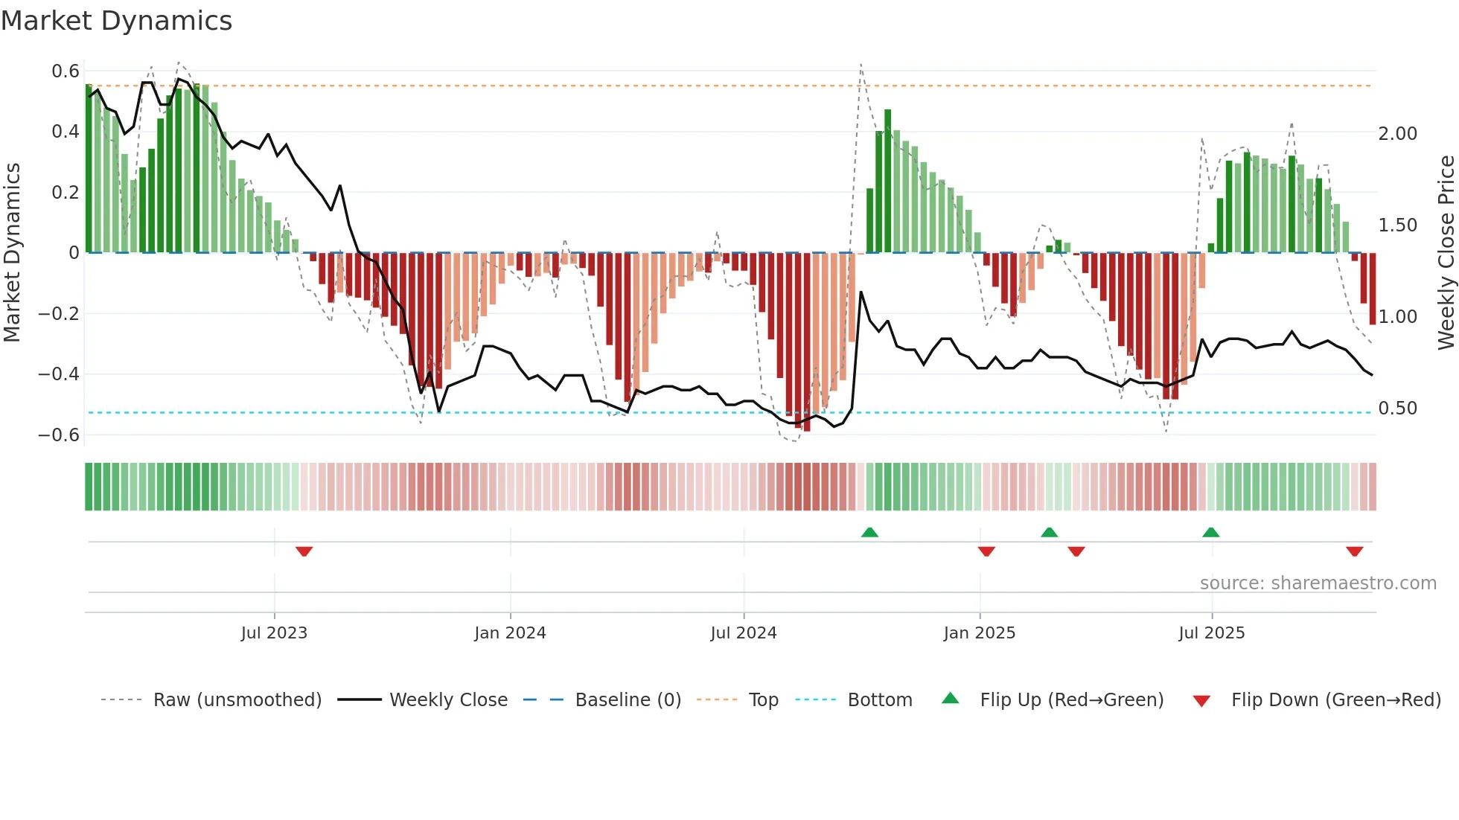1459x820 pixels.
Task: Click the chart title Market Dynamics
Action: tap(117, 21)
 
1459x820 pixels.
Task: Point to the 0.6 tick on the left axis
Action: tap(66, 71)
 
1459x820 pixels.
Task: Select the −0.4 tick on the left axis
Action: tap(59, 374)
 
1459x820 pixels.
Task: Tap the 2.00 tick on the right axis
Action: tap(1397, 134)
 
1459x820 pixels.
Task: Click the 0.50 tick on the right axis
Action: tap(1397, 409)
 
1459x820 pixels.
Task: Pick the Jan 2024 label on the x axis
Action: tap(510, 633)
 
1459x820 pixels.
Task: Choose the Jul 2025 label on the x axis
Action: tap(1211, 633)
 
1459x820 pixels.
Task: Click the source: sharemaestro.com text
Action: tap(1318, 583)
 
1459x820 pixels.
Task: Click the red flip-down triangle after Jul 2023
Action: tap(304, 551)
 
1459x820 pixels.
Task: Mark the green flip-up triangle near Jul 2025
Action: tap(1210, 532)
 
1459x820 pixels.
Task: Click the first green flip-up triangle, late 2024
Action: tap(869, 532)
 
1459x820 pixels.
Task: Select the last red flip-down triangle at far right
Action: tap(1354, 551)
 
